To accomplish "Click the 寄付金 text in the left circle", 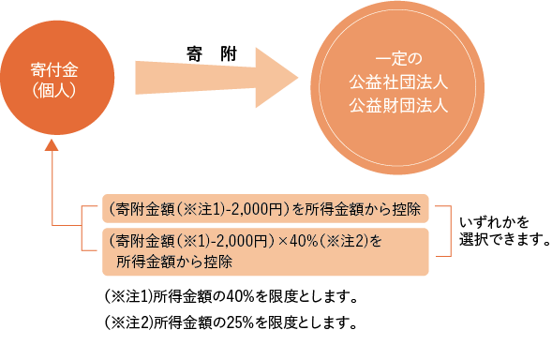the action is tap(53, 71).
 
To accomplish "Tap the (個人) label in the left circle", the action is tap(53, 91).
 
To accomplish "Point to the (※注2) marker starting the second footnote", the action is tap(126, 323).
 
